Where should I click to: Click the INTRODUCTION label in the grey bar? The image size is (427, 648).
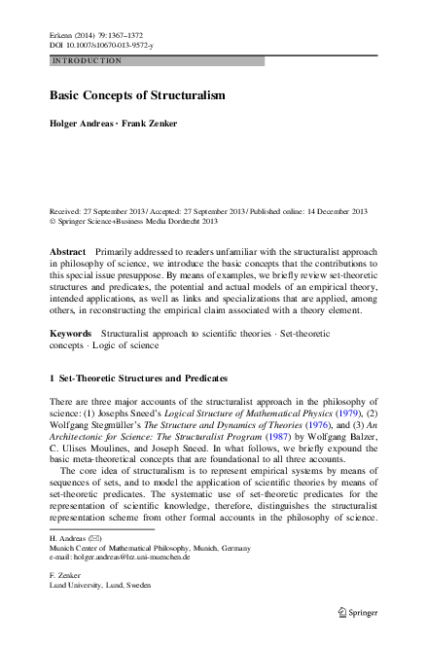pos(87,60)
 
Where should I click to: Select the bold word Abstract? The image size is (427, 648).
pos(67,251)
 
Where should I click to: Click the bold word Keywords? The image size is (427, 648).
pos(71,333)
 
